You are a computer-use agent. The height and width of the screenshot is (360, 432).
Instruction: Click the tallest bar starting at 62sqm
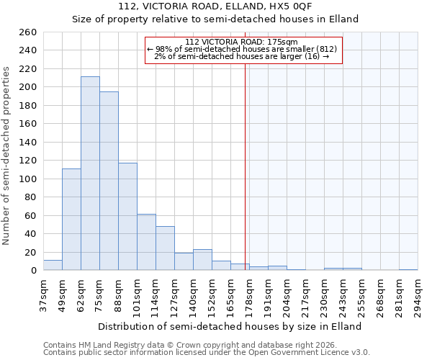(x=90, y=174)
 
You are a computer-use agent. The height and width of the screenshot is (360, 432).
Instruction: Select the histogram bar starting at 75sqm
(x=109, y=181)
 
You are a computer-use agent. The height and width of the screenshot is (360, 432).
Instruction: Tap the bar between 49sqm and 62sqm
(x=71, y=220)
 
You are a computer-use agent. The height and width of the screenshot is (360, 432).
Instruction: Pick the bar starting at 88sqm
(x=127, y=217)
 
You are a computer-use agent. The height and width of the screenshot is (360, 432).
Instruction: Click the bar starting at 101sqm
(x=146, y=242)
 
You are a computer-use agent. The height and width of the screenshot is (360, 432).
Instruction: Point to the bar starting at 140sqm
(x=202, y=260)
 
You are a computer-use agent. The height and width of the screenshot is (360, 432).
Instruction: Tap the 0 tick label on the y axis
(x=33, y=271)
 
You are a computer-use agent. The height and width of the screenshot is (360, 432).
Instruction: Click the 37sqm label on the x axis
(x=44, y=294)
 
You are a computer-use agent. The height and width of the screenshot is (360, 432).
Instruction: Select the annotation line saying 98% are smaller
(x=242, y=49)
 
